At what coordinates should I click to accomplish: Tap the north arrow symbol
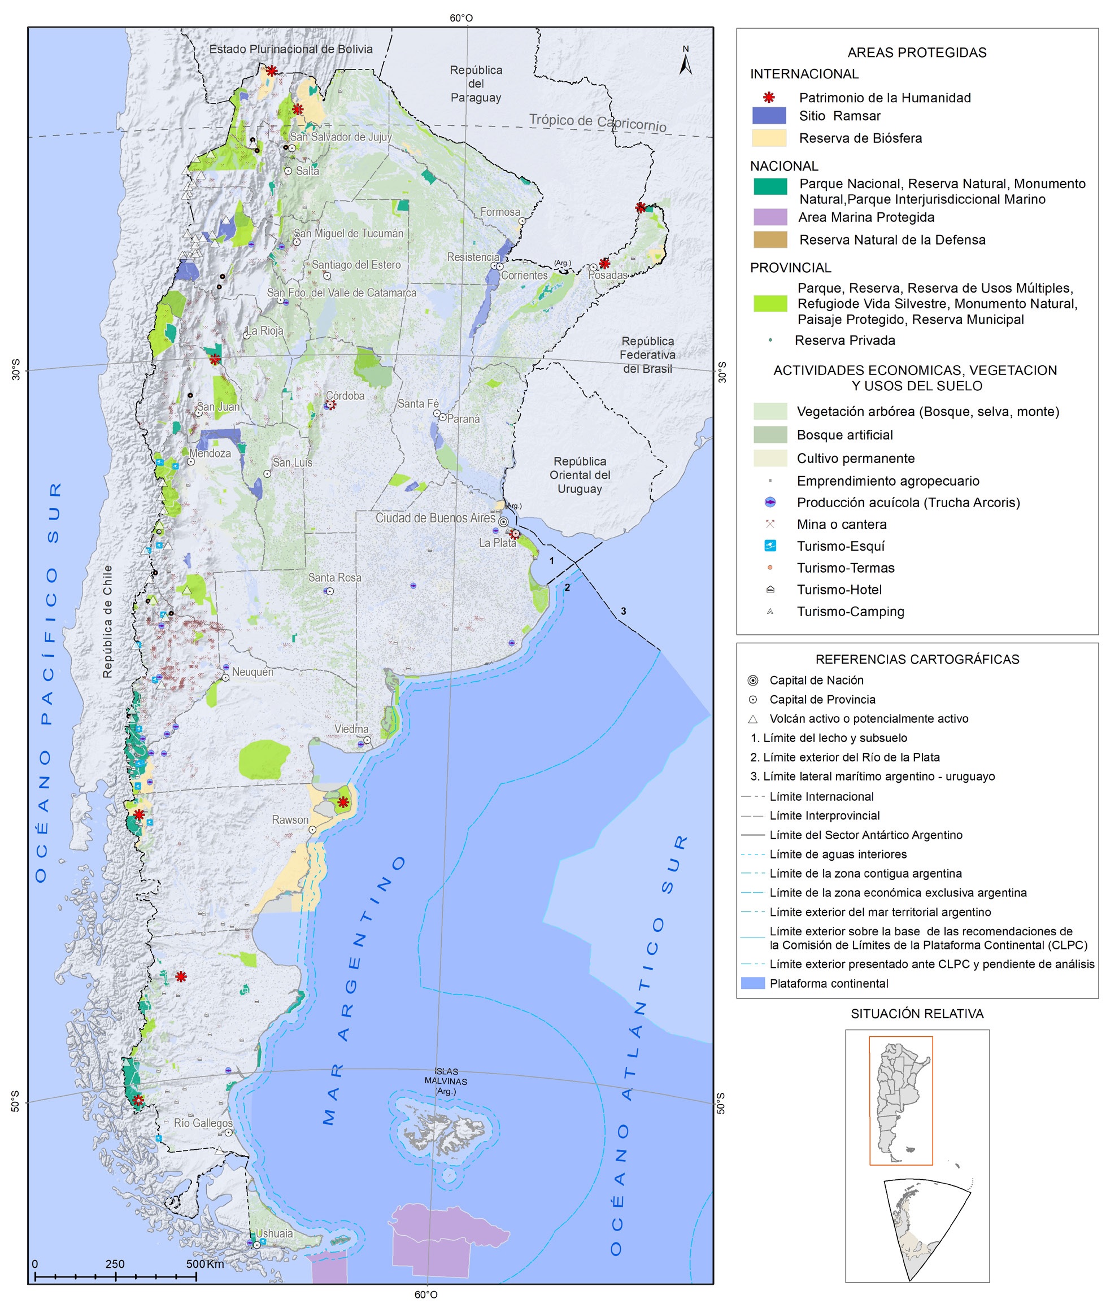coord(686,62)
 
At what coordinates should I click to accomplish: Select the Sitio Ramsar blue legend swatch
coord(769,115)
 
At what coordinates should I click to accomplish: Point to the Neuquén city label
coord(252,672)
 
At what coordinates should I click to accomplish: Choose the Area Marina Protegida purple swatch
coord(769,217)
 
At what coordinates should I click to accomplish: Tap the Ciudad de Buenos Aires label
coord(435,518)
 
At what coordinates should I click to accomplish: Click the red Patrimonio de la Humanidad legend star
coord(769,97)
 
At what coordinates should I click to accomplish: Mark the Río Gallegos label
coord(203,1123)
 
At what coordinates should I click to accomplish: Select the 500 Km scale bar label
coord(204,1263)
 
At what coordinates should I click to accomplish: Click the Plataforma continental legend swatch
coord(752,983)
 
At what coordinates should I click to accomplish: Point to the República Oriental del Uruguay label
coord(580,475)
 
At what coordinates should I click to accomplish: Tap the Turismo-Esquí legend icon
coord(770,546)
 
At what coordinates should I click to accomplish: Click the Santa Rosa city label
coord(334,577)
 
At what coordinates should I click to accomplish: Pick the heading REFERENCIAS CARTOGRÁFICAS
coord(917,659)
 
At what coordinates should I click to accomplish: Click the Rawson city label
coord(290,820)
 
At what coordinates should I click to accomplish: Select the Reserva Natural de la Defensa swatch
coord(769,239)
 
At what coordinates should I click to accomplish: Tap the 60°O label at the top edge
coord(461,18)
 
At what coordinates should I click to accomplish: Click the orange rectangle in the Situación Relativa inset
coord(900,1101)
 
